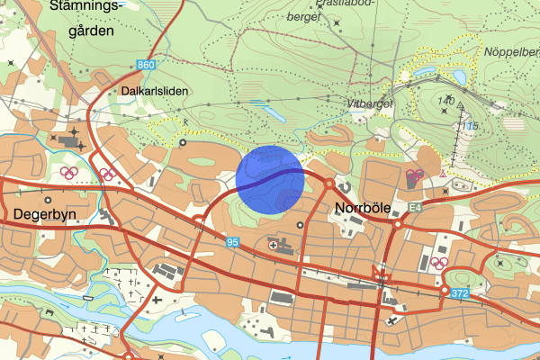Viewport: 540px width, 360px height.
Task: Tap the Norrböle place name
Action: (x=361, y=207)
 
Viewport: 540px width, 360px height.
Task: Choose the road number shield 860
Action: (x=148, y=66)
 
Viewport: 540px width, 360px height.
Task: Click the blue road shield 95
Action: (x=232, y=242)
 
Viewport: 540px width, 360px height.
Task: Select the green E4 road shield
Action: (x=415, y=208)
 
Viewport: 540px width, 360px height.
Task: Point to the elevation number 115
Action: (x=472, y=123)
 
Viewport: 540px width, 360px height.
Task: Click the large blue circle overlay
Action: (x=270, y=179)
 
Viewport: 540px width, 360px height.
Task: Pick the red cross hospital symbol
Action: (x=274, y=245)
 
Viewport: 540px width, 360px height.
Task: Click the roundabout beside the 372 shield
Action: (x=445, y=292)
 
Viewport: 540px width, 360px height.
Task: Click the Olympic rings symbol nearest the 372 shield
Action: (x=440, y=263)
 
